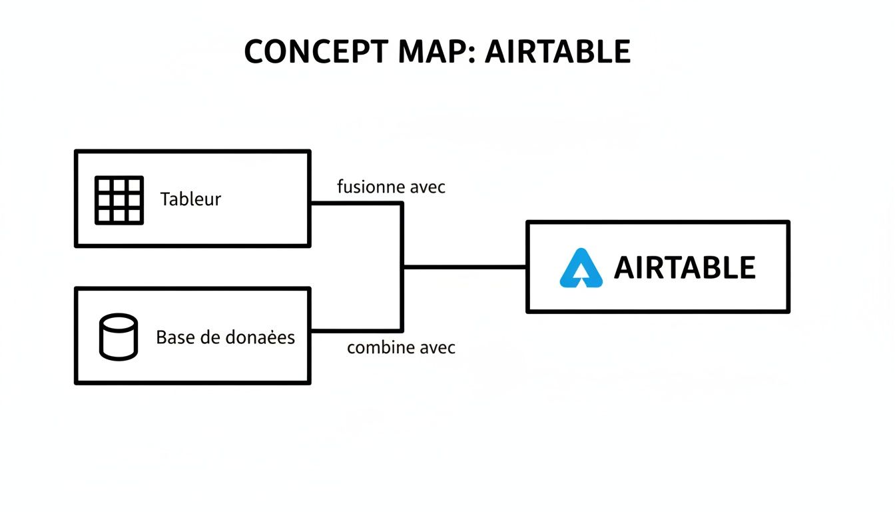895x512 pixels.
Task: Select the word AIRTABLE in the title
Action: pyautogui.click(x=557, y=52)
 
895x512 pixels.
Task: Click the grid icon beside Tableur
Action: pyautogui.click(x=119, y=199)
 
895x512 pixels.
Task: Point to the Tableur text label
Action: pyautogui.click(x=190, y=199)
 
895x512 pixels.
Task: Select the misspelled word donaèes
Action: pyautogui.click(x=260, y=337)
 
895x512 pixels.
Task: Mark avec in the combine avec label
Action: pyautogui.click(x=438, y=347)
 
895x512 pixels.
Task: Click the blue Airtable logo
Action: pyautogui.click(x=581, y=268)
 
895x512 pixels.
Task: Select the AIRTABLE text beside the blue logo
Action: pyautogui.click(x=685, y=268)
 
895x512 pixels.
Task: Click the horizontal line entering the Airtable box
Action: pyautogui.click(x=466, y=267)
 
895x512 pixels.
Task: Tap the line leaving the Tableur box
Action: pyautogui.click(x=356, y=203)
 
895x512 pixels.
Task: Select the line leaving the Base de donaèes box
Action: pyautogui.click(x=356, y=330)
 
